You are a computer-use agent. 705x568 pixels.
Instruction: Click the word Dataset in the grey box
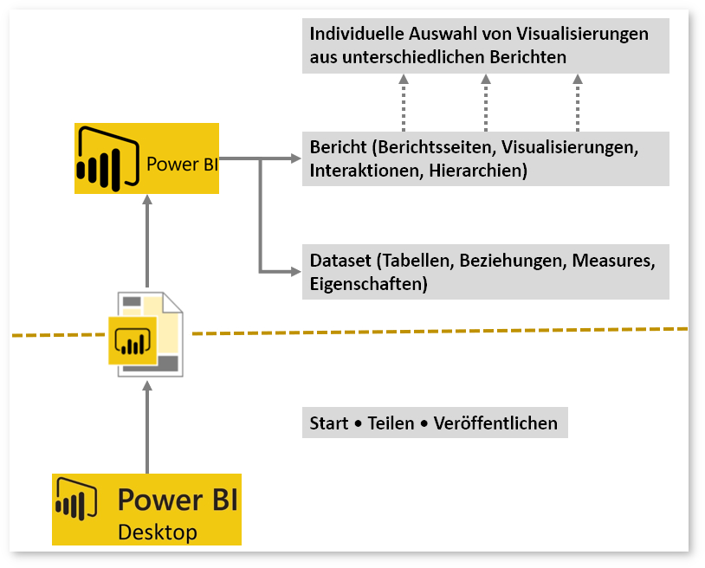click(337, 260)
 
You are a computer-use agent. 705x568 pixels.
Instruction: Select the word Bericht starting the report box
click(336, 147)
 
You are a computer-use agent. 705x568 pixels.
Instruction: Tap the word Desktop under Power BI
click(157, 532)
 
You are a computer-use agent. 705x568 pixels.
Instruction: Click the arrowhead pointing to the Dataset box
click(295, 272)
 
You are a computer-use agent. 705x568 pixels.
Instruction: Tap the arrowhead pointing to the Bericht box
click(295, 159)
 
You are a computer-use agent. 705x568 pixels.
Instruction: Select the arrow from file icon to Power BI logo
click(147, 242)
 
